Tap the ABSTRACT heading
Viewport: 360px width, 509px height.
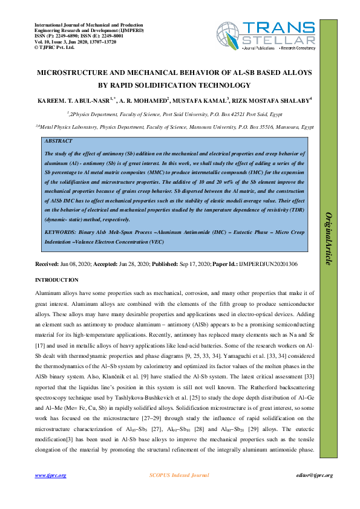point(58,141)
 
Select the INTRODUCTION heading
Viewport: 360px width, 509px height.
point(57,280)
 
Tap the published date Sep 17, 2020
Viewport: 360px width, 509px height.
point(192,265)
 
